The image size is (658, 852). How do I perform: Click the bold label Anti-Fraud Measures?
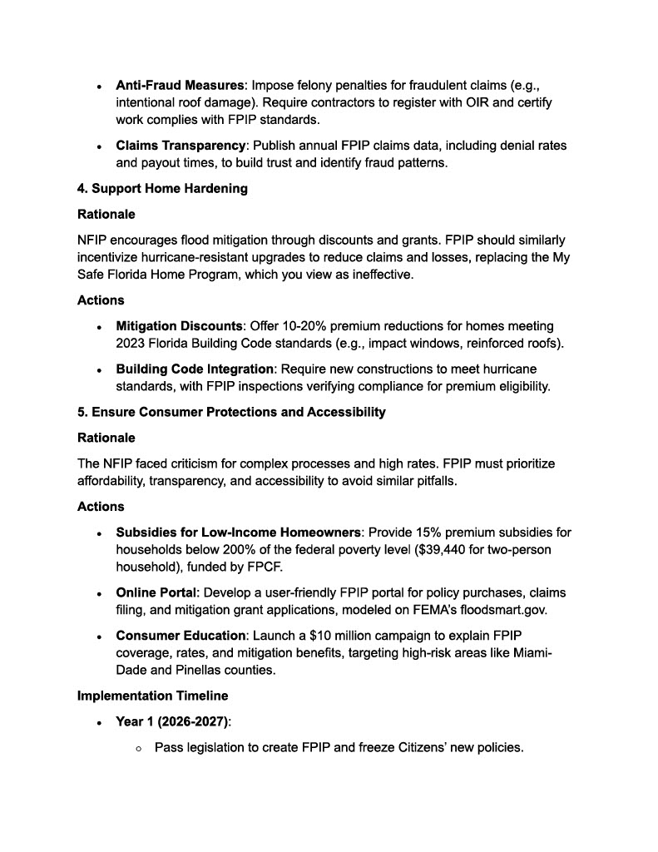[180, 86]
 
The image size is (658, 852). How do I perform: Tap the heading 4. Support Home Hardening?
[162, 189]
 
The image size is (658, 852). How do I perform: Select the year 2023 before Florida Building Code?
[131, 344]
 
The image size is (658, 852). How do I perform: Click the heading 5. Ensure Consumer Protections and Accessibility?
[231, 412]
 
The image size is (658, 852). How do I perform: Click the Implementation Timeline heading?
[152, 696]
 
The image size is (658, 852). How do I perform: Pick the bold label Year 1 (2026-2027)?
[171, 721]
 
